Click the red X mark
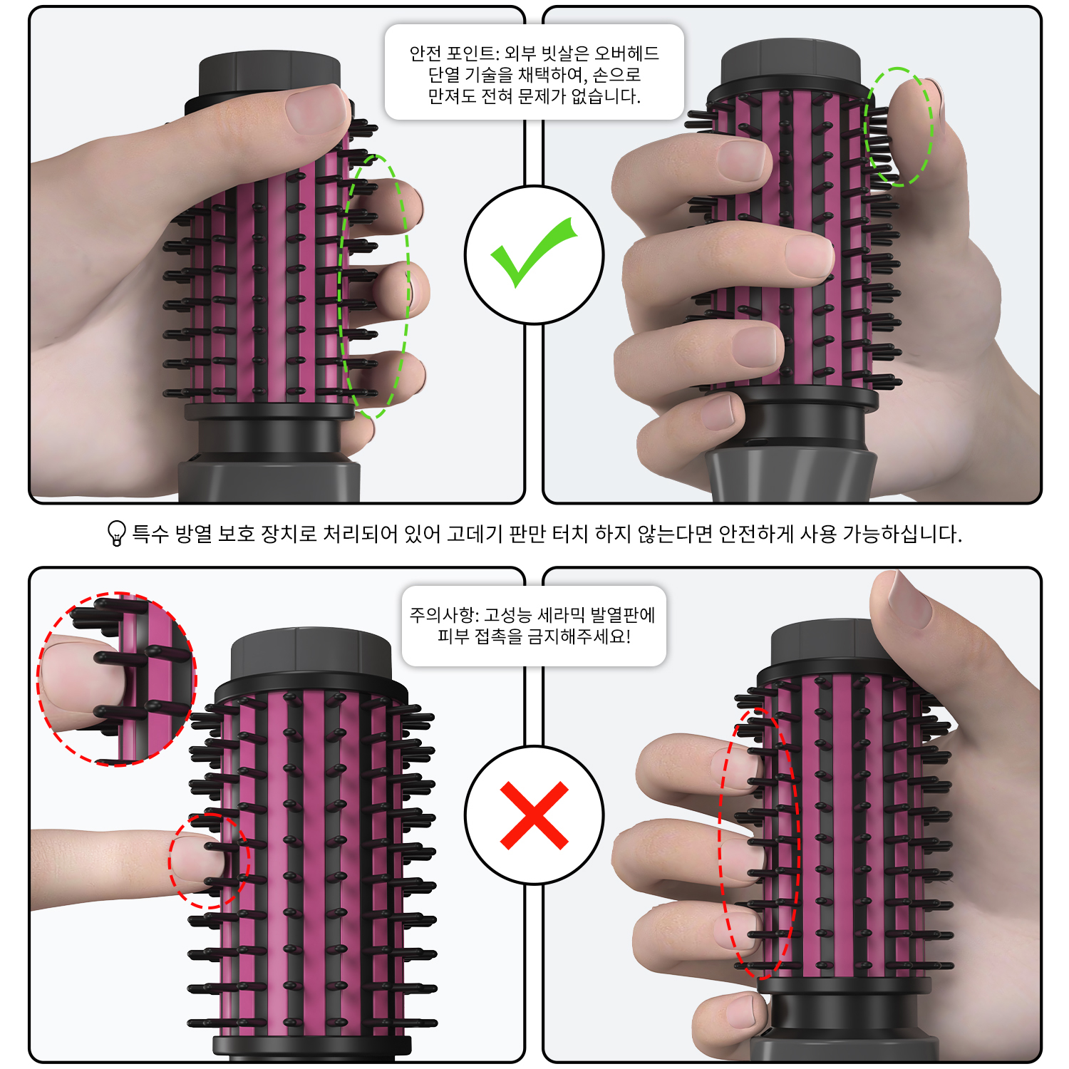tap(534, 815)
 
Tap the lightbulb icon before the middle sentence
tap(116, 533)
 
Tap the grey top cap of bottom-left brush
tap(311, 656)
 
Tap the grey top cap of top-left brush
tap(269, 73)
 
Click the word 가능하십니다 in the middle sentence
tap(902, 534)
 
